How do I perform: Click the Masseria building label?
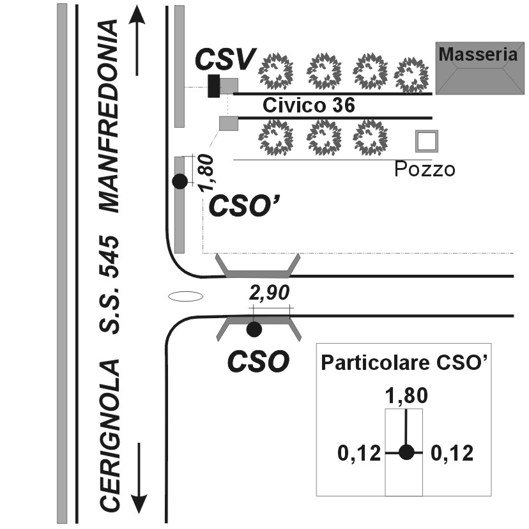tap(477, 55)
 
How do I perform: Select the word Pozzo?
tap(424, 169)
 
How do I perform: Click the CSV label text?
tap(225, 59)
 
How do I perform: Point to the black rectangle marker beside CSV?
tap(214, 86)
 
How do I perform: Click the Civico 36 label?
tap(309, 105)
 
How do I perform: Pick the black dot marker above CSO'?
tap(180, 181)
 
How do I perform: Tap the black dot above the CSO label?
tap(254, 329)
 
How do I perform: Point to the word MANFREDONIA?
tap(109, 116)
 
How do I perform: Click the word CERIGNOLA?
tap(110, 435)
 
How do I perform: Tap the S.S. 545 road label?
tap(110, 284)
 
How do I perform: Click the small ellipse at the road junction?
tap(186, 296)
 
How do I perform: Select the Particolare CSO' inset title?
tap(404, 362)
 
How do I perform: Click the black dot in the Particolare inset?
tap(406, 452)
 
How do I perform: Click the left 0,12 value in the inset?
tap(358, 454)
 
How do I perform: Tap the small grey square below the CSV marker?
tap(228, 123)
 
